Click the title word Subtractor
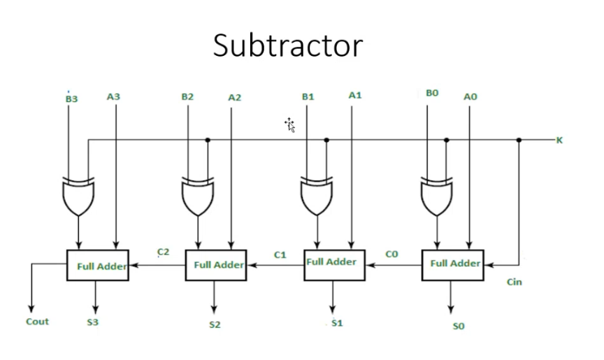coord(288,46)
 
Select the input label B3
coord(71,99)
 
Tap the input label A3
coord(113,96)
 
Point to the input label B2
coord(187,96)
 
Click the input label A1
coord(355,94)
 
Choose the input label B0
coord(431,93)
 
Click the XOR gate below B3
coord(79,198)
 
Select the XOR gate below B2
coord(198,198)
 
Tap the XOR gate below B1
coord(317,198)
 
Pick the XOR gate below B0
coord(437,198)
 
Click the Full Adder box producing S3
coord(97,265)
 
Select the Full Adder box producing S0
coord(452,264)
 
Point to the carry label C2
coord(163,252)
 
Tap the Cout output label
coord(37,322)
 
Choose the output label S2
coord(215,325)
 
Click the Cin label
coord(514,282)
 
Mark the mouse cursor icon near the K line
coord(289,124)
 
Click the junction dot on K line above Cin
coord(519,140)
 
